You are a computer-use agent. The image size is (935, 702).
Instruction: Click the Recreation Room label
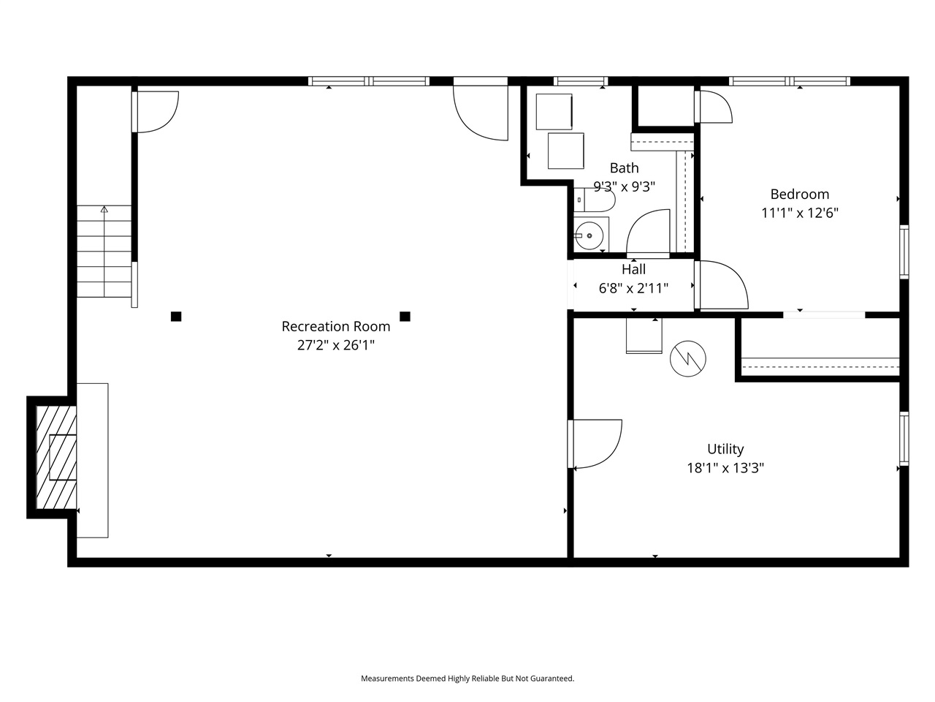tap(336, 326)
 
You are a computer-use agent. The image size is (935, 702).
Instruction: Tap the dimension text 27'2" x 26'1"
tap(336, 345)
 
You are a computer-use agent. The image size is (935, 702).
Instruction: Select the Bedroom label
tap(800, 195)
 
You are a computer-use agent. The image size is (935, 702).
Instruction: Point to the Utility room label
tap(725, 449)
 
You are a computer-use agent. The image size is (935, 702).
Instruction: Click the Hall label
tap(633, 269)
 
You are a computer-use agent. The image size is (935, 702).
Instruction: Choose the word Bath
tap(625, 168)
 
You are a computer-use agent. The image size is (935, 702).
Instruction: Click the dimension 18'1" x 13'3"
tap(725, 468)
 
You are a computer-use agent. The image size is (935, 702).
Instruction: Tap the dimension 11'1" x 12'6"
tap(800, 214)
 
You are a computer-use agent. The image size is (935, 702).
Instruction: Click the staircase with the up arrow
tap(104, 252)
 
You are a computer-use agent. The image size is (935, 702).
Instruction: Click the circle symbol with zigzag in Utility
tap(688, 358)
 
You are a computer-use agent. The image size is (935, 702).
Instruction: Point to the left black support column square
tap(176, 317)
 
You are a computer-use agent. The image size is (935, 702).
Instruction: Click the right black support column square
tap(405, 317)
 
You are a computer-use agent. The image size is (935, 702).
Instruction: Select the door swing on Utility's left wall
tap(597, 444)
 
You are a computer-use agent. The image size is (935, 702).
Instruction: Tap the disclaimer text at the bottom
tap(467, 679)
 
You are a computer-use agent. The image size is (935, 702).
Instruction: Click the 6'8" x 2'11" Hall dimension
tap(633, 288)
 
